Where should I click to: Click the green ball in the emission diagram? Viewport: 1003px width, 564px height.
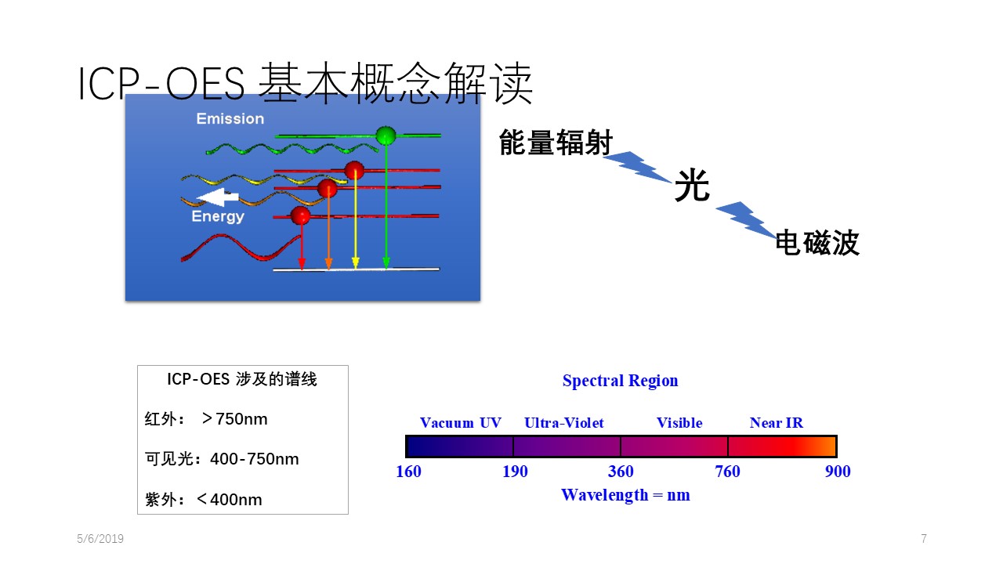386,136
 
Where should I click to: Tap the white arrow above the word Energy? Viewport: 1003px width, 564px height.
217,197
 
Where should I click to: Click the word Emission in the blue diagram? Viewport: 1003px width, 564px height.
230,118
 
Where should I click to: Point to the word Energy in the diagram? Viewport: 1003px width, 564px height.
218,217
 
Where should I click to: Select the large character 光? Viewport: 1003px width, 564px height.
692,185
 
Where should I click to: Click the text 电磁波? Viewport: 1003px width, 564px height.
817,243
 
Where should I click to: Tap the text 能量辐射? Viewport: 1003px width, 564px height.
556,143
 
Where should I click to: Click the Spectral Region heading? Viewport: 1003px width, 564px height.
620,381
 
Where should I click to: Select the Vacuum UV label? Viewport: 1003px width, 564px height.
460,422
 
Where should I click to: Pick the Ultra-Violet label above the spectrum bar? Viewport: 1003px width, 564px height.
563,422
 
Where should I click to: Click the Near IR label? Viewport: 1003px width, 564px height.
777,422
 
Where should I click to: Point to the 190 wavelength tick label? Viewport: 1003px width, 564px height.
515,472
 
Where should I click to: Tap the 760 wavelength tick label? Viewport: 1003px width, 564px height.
727,472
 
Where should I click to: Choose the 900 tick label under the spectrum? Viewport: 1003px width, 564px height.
838,472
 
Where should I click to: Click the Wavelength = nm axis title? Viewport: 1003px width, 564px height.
625,495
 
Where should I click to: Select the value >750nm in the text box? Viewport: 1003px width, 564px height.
234,419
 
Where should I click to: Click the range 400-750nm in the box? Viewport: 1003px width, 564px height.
255,459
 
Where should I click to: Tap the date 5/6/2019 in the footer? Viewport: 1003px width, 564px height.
100,538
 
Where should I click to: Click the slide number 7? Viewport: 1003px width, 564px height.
924,538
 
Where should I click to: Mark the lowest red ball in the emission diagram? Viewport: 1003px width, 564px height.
300,215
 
